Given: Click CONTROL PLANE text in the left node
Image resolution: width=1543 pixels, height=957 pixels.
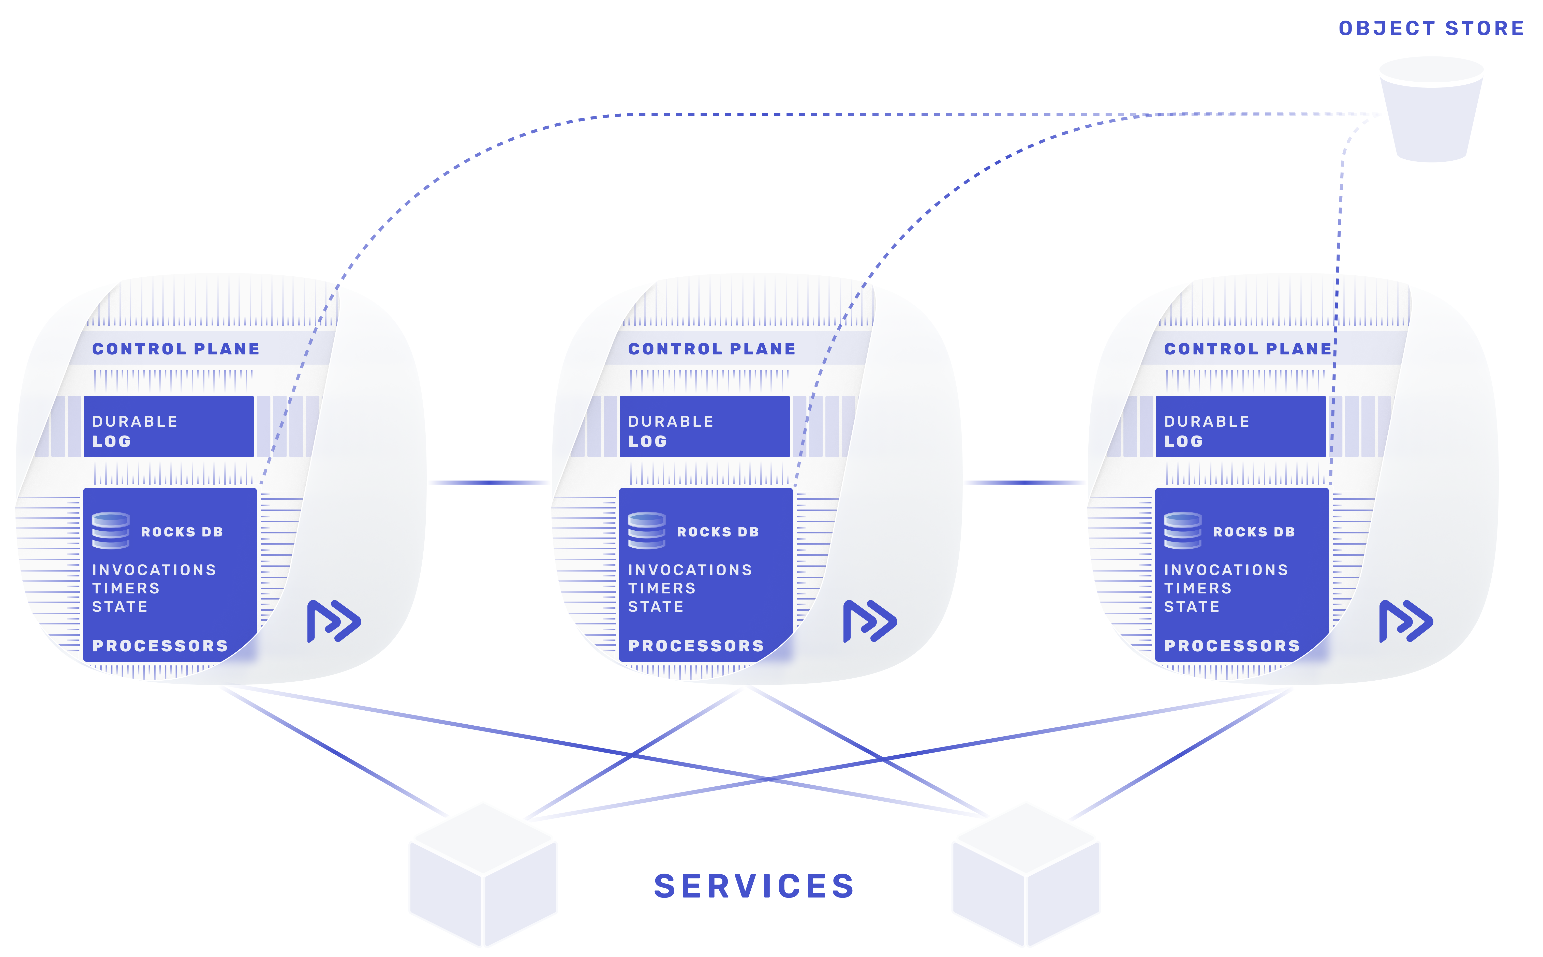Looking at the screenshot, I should coord(176,349).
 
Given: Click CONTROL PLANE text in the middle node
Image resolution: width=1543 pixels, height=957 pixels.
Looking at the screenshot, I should coord(711,349).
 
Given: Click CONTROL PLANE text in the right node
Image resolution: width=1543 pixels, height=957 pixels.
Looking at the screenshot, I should coord(1248,349).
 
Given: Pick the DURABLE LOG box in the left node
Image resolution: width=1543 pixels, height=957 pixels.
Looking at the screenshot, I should coord(168,427).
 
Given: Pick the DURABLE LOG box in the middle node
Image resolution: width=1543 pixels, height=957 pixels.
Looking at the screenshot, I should coord(704,427).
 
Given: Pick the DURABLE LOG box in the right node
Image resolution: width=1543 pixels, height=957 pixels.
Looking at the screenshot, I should coord(1240,427).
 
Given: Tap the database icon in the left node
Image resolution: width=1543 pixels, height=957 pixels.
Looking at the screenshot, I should coord(111,530).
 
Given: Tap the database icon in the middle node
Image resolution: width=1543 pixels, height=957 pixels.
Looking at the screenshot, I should coord(646,530).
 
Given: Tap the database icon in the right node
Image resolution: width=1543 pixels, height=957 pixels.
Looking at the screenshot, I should coord(1182,530).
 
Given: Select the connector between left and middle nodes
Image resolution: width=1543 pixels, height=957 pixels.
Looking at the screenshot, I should coord(488,482).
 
